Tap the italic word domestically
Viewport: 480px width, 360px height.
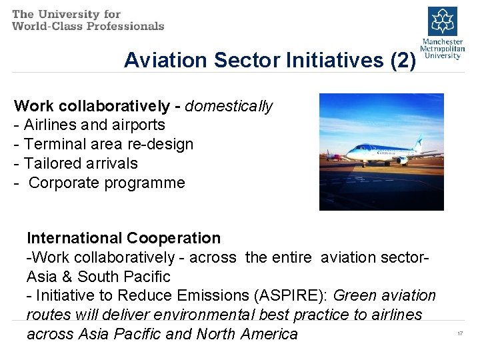229,106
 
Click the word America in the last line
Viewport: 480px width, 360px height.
268,334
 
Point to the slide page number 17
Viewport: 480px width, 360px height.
460,333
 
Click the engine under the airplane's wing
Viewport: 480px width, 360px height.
402,161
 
